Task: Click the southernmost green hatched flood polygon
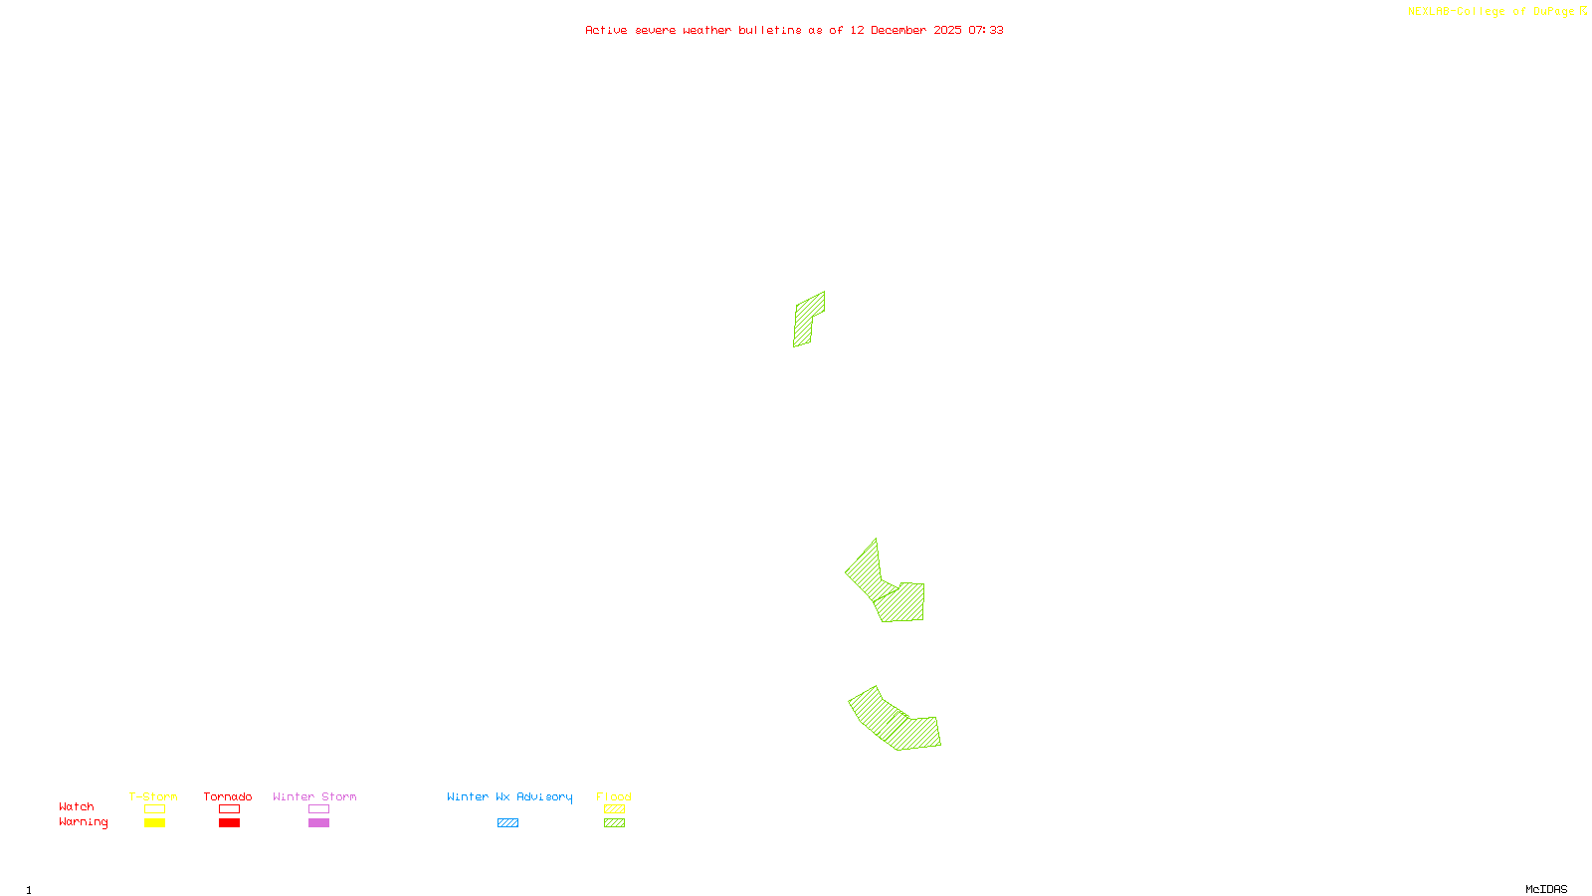point(895,722)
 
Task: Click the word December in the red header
point(898,30)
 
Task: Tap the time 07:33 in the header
point(986,30)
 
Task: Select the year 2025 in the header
point(947,30)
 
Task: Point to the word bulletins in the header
point(770,30)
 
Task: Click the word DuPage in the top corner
point(1553,11)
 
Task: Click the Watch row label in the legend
point(77,806)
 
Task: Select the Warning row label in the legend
point(84,822)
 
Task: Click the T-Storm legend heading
point(153,796)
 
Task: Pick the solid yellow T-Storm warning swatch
point(154,823)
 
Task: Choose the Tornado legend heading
point(228,796)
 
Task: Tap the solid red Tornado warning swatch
point(229,823)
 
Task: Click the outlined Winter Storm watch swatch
point(318,809)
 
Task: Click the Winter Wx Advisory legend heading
point(509,796)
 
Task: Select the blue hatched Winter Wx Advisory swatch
point(507,823)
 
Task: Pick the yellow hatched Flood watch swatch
point(614,809)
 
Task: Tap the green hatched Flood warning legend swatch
point(614,823)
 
